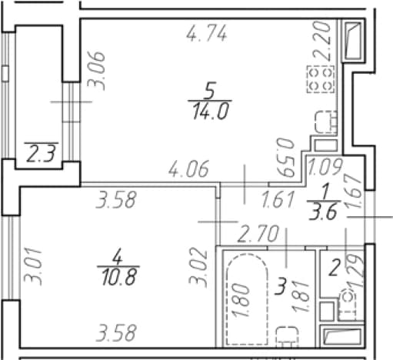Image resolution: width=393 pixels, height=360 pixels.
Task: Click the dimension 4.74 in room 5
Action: [207, 33]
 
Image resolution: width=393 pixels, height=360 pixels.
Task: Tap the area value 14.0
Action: [210, 112]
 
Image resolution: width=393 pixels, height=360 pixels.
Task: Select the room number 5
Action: [210, 91]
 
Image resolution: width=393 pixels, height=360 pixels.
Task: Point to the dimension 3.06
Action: [96, 71]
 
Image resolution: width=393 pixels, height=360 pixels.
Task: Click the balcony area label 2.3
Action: [41, 155]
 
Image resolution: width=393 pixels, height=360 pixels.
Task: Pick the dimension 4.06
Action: [188, 169]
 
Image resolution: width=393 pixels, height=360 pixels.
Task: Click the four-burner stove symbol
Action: [321, 79]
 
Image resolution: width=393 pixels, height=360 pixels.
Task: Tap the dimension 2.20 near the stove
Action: [321, 41]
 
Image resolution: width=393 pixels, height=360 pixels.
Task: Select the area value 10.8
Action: [118, 278]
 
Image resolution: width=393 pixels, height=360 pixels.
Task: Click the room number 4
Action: [118, 257]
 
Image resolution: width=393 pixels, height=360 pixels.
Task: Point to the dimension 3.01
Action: [33, 267]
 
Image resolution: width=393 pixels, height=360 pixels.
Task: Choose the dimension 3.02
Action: [198, 267]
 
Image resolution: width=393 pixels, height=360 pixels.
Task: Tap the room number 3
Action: [280, 288]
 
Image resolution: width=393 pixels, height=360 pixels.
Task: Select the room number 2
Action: [335, 268]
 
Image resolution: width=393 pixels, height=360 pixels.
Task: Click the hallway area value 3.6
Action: [323, 212]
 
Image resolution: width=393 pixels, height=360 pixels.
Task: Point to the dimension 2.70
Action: [258, 234]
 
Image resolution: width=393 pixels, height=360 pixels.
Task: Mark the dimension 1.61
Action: [278, 199]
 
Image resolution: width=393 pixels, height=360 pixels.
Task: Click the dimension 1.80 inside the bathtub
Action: [241, 300]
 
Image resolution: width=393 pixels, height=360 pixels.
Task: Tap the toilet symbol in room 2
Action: [348, 305]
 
